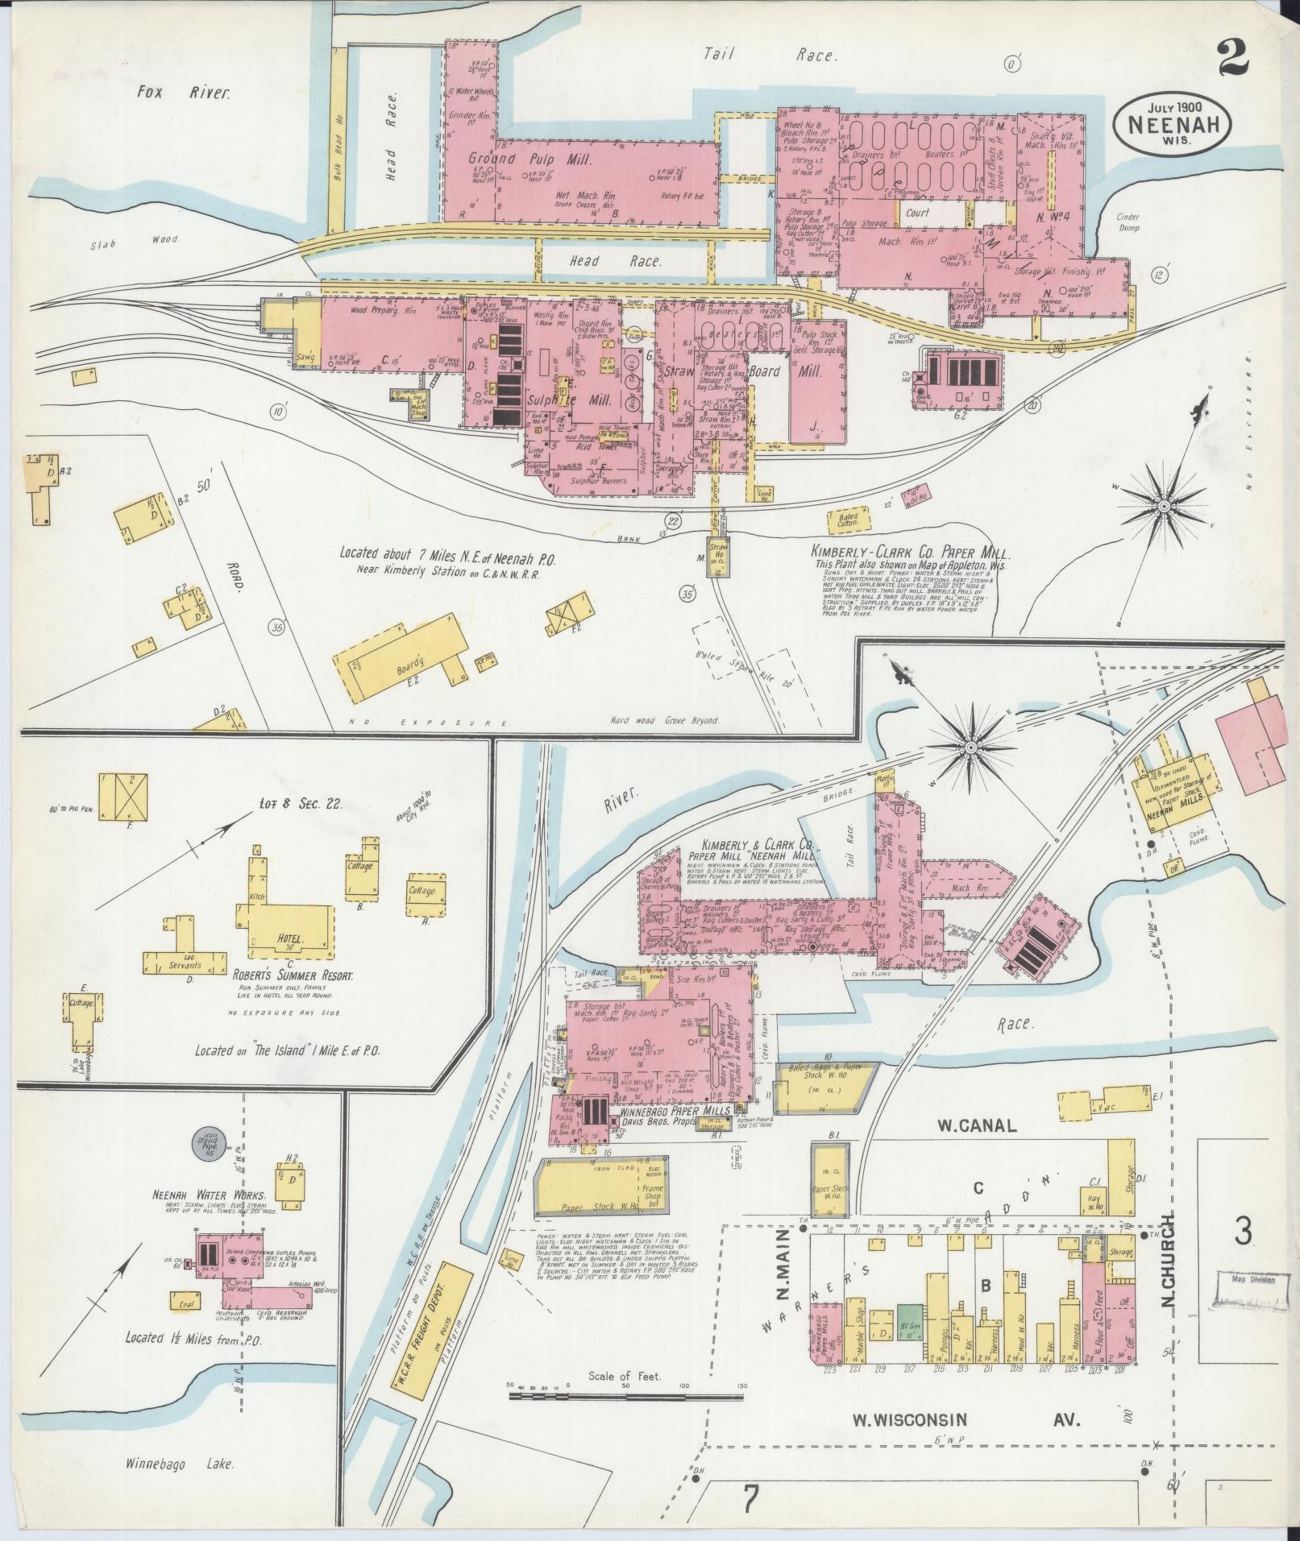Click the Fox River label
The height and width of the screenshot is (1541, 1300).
coord(184,93)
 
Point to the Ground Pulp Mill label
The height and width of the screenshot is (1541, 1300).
coord(530,159)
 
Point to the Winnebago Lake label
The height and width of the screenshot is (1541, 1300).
coord(181,1464)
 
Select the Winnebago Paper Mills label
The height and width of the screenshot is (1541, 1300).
coord(675,1110)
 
